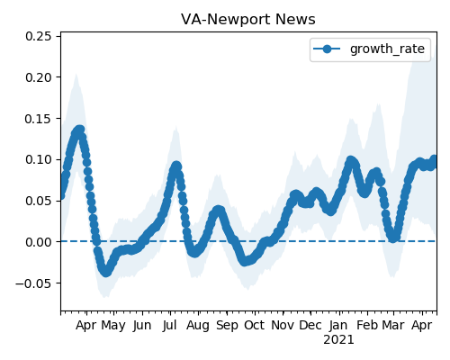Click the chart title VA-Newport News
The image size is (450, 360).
(x=248, y=20)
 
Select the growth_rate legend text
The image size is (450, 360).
(x=387, y=49)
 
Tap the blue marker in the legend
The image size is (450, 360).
(x=327, y=49)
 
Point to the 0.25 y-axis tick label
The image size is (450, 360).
(x=39, y=36)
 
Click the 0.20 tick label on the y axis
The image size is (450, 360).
(x=39, y=77)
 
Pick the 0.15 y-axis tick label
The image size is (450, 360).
(x=39, y=119)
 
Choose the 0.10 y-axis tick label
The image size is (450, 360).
(x=39, y=159)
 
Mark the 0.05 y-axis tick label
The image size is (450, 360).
(x=39, y=201)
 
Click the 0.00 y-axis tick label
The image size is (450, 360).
(x=39, y=242)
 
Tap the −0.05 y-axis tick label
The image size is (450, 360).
(x=33, y=283)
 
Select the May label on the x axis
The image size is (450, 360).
(x=113, y=326)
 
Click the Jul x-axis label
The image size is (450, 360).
(x=169, y=326)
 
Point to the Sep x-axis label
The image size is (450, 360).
(x=227, y=326)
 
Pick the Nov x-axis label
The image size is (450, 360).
(x=283, y=326)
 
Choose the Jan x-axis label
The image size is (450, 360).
(x=338, y=326)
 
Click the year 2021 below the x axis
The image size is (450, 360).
(x=338, y=340)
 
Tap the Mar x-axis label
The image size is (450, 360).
(x=393, y=326)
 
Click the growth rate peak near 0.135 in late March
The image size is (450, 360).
(x=79, y=130)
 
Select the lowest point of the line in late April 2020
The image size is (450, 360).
(x=106, y=272)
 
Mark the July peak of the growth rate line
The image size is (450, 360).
(x=176, y=166)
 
